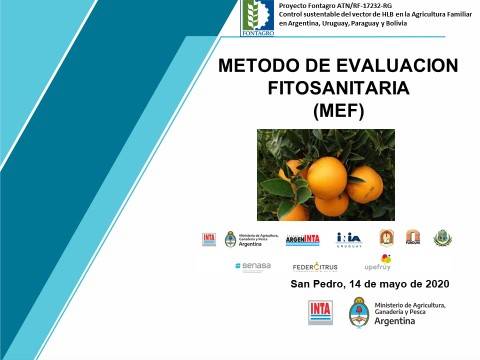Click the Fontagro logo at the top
(257, 17)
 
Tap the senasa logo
(253, 266)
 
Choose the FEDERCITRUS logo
(315, 267)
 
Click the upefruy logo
(377, 264)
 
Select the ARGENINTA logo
(302, 239)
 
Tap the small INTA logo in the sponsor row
(209, 239)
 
